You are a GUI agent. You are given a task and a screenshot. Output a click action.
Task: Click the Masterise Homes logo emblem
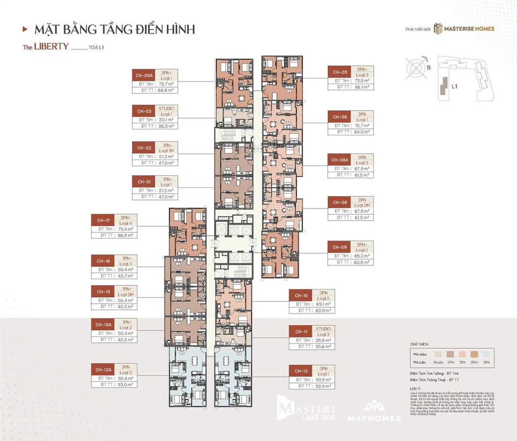click(x=437, y=29)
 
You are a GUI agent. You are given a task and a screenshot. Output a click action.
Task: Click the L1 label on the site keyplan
click(x=454, y=86)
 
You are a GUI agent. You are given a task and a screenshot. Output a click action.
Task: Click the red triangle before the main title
click(x=25, y=29)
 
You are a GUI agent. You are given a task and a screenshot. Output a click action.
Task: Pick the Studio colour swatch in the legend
click(x=438, y=354)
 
